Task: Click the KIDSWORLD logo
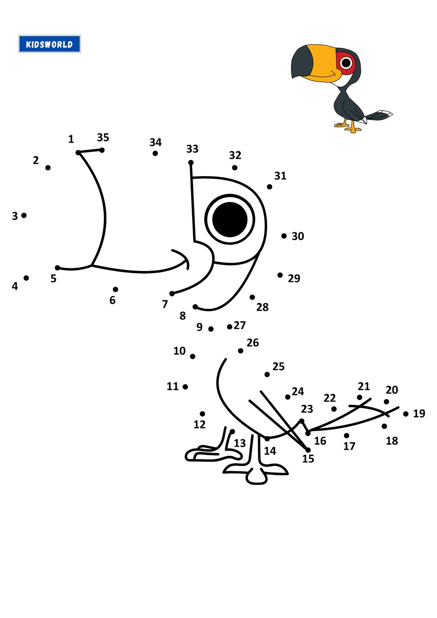(50, 44)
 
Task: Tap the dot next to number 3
(24, 215)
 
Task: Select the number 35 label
(103, 137)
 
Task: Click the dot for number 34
(155, 153)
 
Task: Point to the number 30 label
(298, 236)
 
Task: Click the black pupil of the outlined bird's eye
(230, 219)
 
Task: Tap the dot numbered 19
(406, 414)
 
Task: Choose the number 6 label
(112, 300)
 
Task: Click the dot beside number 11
(185, 387)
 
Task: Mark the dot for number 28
(252, 297)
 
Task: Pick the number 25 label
(278, 366)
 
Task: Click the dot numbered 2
(48, 167)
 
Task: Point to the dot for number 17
(347, 435)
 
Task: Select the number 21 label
(364, 386)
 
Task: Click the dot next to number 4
(26, 278)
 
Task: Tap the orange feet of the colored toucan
(348, 127)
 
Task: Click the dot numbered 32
(234, 167)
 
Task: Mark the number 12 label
(200, 424)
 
